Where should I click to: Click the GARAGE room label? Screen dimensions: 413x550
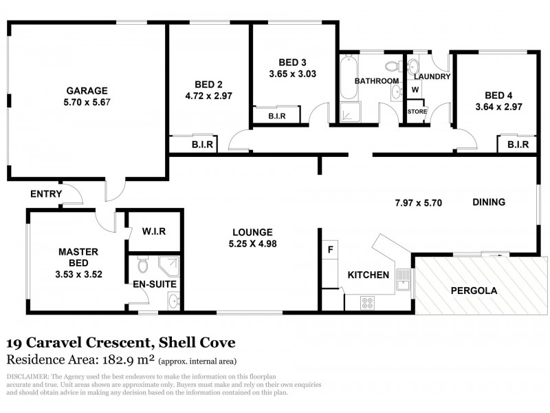[x=87, y=90]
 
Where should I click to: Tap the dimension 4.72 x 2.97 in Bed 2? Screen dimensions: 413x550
[x=208, y=96]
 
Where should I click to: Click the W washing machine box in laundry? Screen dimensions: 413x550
[x=415, y=90]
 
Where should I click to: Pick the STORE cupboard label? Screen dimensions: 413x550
[x=417, y=111]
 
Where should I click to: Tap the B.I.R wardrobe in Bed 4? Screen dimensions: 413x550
[x=517, y=145]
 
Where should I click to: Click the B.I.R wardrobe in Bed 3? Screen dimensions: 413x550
[x=278, y=117]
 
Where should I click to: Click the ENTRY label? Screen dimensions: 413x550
[x=46, y=194]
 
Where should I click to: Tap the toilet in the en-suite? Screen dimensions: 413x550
[x=142, y=264]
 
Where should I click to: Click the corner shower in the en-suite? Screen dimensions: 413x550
[x=169, y=265]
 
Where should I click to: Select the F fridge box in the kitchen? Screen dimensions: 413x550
[x=331, y=249]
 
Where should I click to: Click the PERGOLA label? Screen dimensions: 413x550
[x=474, y=290]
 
